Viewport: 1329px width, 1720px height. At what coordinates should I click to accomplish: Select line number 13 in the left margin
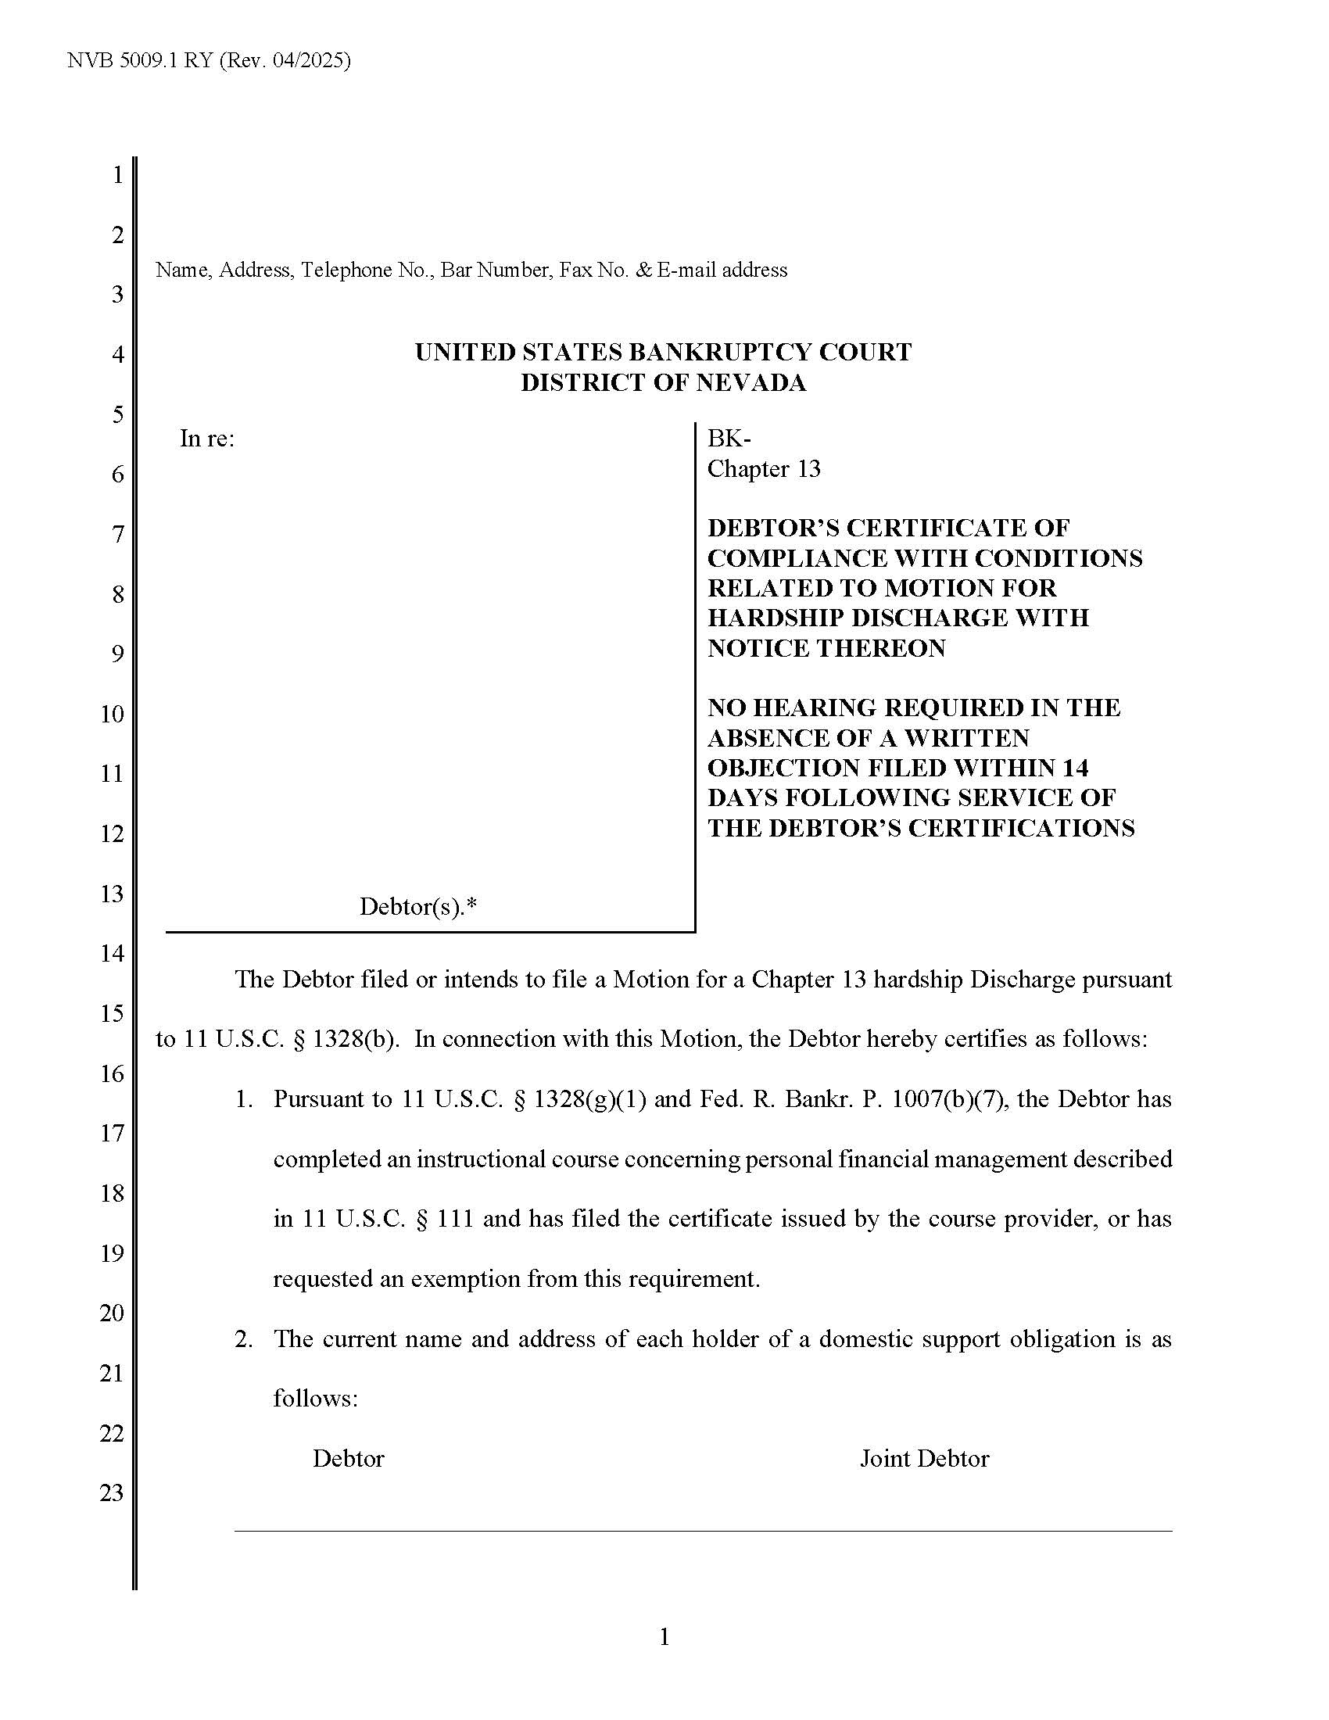click(112, 894)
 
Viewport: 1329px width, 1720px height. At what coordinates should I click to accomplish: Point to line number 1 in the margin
click(118, 175)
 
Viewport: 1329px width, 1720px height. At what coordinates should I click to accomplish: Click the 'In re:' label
click(207, 439)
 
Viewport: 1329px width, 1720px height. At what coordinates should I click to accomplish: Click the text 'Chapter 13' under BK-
click(764, 469)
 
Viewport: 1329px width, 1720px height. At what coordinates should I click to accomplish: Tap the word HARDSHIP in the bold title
click(772, 618)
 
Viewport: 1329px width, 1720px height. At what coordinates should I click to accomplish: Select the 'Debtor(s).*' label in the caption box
click(418, 907)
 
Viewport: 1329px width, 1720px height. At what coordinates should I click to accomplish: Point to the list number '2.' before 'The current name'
click(244, 1338)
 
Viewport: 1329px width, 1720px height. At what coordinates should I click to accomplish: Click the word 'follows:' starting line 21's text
click(315, 1399)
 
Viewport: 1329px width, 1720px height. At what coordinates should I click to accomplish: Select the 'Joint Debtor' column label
click(923, 1459)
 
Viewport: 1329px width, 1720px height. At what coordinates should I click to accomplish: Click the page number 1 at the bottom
click(664, 1637)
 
